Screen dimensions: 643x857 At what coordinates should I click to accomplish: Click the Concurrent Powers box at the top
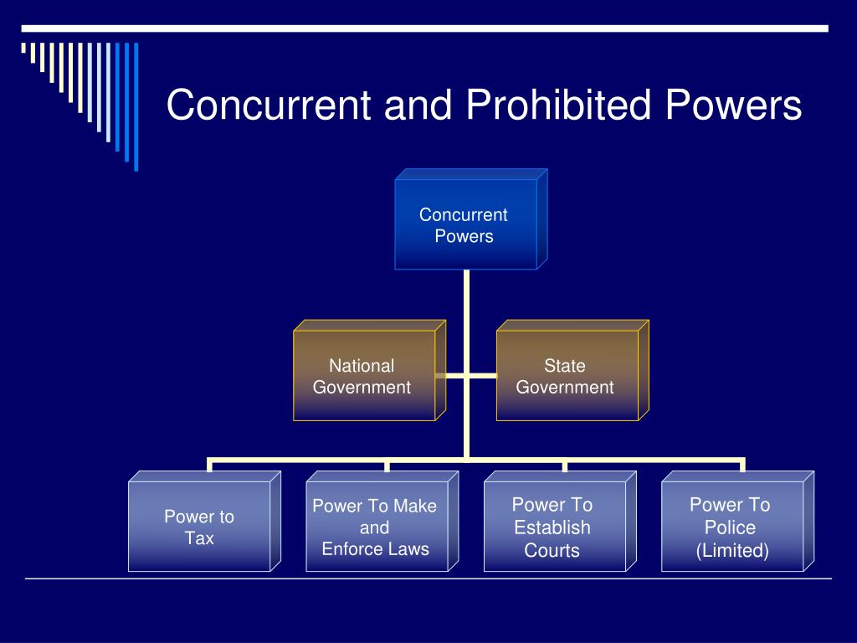[x=465, y=224]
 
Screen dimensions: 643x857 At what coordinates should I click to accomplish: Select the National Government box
[x=363, y=376]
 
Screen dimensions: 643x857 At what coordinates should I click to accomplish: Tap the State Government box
[x=567, y=376]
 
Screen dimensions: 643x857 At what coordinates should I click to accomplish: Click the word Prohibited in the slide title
[x=558, y=106]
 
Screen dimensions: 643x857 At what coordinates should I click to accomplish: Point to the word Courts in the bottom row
[x=552, y=551]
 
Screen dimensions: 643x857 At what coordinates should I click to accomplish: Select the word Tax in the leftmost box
[x=199, y=538]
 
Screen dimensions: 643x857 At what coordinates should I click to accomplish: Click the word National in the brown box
[x=362, y=366]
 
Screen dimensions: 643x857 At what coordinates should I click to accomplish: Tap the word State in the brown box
[x=565, y=366]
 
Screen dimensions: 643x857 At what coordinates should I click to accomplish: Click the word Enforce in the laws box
[x=351, y=549]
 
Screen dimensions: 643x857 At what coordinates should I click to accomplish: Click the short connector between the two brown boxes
[x=465, y=376]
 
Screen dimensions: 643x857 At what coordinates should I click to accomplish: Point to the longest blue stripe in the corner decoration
[x=136, y=106]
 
